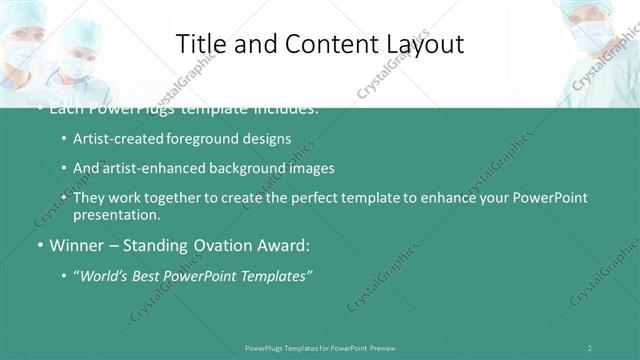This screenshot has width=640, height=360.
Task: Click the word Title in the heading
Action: coord(200,44)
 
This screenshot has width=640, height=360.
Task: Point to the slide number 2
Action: coord(590,348)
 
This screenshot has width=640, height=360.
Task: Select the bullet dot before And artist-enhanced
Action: coord(64,168)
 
